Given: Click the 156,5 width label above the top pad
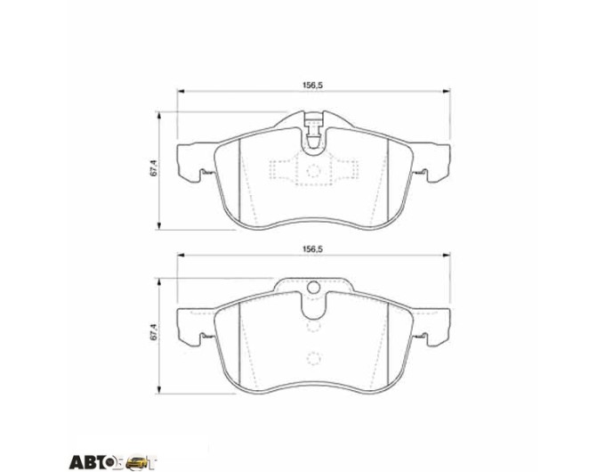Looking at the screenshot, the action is [314, 85].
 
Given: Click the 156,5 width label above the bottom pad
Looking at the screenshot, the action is [314, 249].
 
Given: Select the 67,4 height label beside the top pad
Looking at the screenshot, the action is [153, 170].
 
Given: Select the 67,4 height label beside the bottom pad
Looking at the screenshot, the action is [153, 332].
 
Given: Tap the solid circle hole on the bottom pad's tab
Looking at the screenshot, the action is [314, 288].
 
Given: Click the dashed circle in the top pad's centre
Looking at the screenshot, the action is [314, 170].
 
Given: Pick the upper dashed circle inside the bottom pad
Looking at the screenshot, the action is [314, 326].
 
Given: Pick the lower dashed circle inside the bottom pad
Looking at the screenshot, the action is [314, 358].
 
